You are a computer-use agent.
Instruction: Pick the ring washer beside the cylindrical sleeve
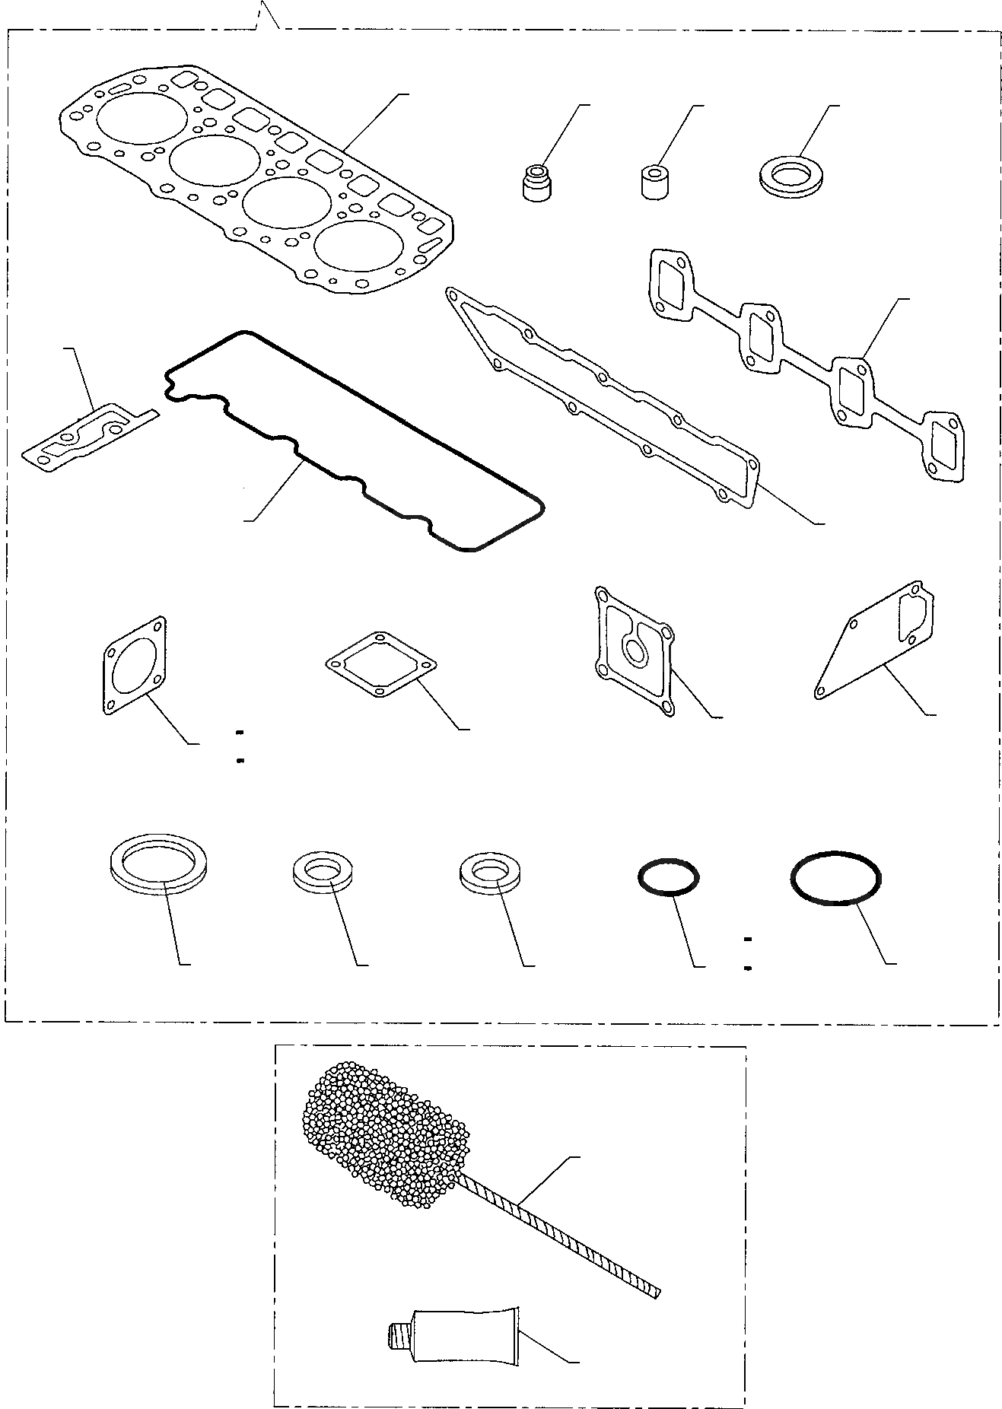(x=791, y=177)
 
